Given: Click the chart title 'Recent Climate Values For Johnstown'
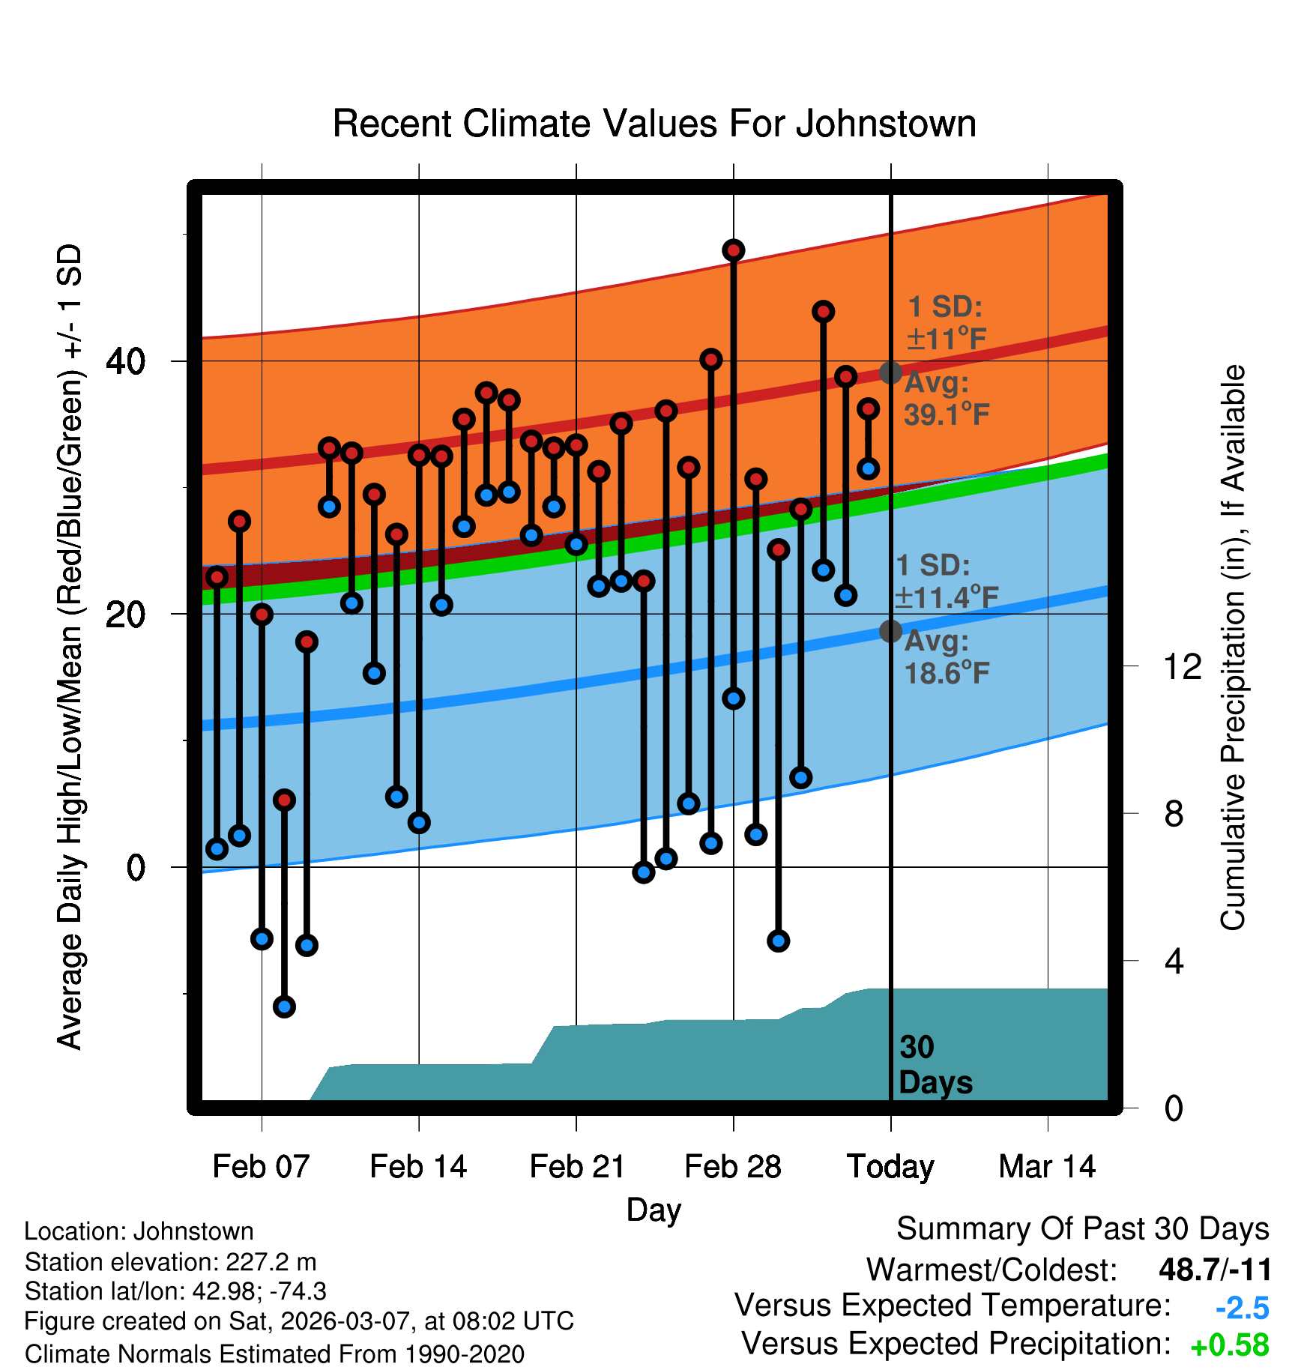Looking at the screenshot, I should (654, 124).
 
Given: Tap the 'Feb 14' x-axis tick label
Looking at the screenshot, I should (418, 1167).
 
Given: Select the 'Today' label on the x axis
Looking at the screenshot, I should (890, 1167).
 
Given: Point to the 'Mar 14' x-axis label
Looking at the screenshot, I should (1047, 1167).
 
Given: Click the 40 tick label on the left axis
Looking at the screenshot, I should (126, 362).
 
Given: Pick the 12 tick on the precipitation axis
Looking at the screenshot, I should (1182, 666).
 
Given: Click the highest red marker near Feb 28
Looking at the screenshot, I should (733, 250).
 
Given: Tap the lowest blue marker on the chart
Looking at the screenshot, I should (284, 1007).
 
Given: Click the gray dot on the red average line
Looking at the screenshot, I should (890, 372).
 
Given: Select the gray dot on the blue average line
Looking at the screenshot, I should (890, 632).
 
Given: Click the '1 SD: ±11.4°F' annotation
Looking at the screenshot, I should (946, 582).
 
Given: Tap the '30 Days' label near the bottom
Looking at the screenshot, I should (935, 1065).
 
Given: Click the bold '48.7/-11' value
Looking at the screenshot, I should (1215, 1270).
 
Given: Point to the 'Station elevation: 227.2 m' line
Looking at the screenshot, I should (171, 1262).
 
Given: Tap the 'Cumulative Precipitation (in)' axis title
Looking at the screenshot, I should (1233, 648).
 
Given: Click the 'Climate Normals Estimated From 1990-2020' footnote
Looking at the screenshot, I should (274, 1354).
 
